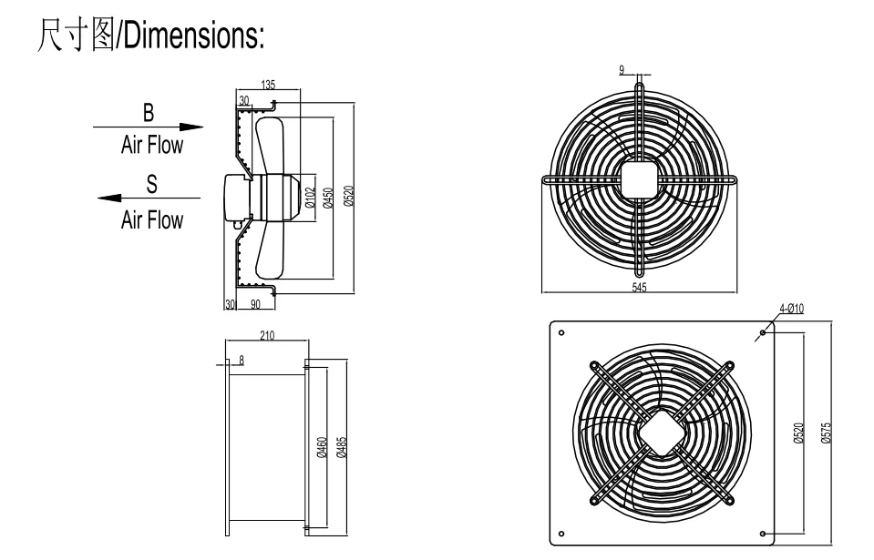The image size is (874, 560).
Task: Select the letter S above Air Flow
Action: click(x=151, y=184)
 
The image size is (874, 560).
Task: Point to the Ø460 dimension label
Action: click(x=321, y=446)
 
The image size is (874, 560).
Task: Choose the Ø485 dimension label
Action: click(x=341, y=446)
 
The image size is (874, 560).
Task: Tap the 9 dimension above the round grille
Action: click(x=622, y=68)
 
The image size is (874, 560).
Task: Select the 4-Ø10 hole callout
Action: click(x=791, y=310)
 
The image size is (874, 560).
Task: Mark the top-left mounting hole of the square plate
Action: click(x=561, y=333)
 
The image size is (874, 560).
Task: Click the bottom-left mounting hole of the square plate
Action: click(x=561, y=533)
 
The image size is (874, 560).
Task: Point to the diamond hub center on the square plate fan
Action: click(x=662, y=433)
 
